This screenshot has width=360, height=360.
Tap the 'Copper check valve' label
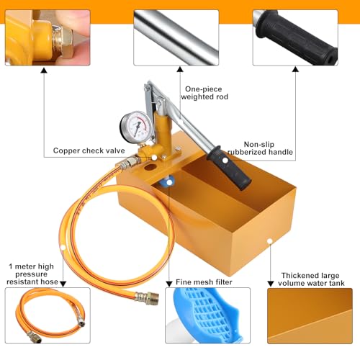[87, 151]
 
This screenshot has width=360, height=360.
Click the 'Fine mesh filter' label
[205, 282]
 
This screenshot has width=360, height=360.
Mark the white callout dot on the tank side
[270, 242]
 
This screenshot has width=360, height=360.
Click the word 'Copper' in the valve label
[67, 151]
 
